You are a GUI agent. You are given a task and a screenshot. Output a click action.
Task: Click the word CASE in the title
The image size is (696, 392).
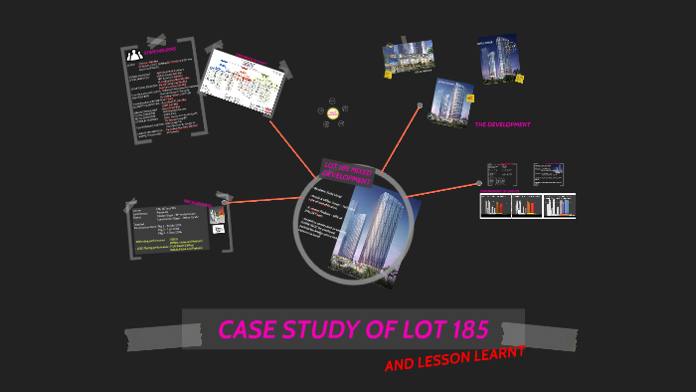pos(249,330)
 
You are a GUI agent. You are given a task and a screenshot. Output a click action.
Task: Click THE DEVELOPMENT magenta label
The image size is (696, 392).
pos(502,124)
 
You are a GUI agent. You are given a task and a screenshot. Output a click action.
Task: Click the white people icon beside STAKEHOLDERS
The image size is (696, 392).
pos(134,55)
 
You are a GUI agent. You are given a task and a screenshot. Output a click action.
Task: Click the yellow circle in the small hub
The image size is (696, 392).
pos(333,113)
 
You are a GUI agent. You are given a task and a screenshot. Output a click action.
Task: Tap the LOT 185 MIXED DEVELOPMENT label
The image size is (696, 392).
pos(347,175)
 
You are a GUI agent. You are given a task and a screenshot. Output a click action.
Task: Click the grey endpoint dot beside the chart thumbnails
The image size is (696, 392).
pos(479,183)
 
